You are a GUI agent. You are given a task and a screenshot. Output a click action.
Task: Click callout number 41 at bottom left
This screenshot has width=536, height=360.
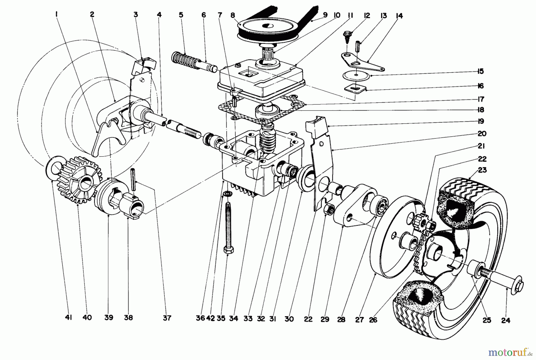68,318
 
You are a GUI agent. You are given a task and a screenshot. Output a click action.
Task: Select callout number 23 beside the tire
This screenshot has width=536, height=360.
482,170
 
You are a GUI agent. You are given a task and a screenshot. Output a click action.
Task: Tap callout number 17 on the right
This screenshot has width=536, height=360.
481,99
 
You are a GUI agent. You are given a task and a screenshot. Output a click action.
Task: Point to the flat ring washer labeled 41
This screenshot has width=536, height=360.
53,167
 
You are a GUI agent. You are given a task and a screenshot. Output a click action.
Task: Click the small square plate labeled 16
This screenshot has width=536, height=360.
354,88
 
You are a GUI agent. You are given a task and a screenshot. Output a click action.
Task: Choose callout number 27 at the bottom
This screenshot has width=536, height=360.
359,320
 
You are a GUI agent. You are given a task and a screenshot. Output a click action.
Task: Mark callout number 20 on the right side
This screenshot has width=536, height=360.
482,134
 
